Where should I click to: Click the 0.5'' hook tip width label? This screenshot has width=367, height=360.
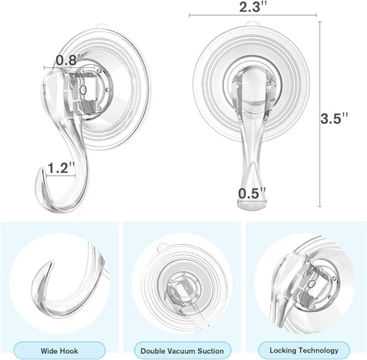[252, 192]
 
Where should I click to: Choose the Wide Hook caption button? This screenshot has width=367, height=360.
[61, 350]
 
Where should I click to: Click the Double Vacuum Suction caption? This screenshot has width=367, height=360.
[183, 350]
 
